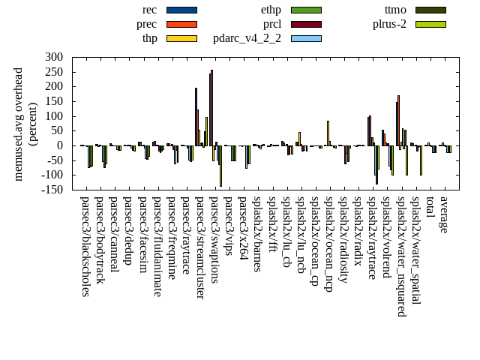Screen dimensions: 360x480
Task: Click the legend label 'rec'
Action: pyautogui.click(x=149, y=10)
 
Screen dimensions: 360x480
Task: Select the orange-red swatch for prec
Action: pyautogui.click(x=181, y=24)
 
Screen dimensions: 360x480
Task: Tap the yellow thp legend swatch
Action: pyautogui.click(x=181, y=38)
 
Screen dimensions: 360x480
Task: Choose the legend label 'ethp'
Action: pyautogui.click(x=271, y=10)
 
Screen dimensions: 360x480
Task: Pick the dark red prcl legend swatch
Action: pyautogui.click(x=306, y=24)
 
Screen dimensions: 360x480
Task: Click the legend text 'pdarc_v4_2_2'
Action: pyautogui.click(x=247, y=38)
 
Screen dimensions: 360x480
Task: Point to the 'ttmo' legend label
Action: pyautogui.click(x=395, y=10)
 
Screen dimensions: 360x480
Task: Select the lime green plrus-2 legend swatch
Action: pyautogui.click(x=430, y=24)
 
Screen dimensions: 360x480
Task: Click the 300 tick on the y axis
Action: pyautogui.click(x=53, y=57)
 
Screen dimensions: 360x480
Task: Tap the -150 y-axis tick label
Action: pyautogui.click(x=51, y=190)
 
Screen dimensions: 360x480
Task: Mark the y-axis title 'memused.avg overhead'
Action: pyautogui.click(x=19, y=124)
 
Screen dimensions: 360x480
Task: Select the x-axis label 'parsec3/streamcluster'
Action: pyautogui.click(x=199, y=248)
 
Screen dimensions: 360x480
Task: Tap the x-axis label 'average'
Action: pyautogui.click(x=444, y=214)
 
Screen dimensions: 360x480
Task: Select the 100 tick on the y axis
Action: pyautogui.click(x=53, y=116)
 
